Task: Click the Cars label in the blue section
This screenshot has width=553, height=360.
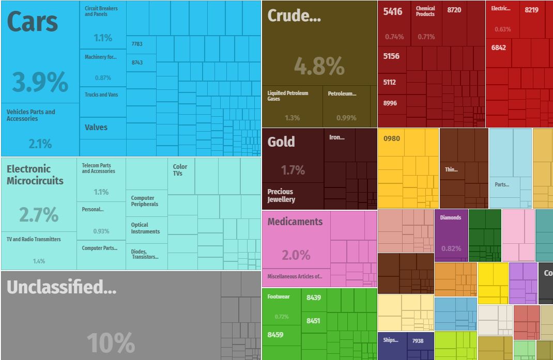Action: [33, 22]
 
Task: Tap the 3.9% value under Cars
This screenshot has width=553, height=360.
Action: [40, 82]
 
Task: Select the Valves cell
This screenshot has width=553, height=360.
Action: [96, 127]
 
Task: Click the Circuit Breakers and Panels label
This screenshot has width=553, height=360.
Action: [101, 11]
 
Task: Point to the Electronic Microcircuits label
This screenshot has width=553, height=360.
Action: [35, 175]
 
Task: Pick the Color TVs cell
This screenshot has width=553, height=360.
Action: [180, 170]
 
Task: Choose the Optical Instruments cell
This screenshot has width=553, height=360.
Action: [146, 228]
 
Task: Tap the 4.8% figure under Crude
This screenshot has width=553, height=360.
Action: [319, 66]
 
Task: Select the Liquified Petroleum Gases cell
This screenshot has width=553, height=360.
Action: [288, 96]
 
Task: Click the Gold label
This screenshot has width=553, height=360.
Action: [281, 142]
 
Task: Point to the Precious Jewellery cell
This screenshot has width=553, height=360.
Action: [281, 195]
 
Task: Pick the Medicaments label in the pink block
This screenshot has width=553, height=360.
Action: [295, 222]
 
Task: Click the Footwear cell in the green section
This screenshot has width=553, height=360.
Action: [279, 297]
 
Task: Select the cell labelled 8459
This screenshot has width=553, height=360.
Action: [275, 335]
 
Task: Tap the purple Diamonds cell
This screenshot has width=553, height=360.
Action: [451, 217]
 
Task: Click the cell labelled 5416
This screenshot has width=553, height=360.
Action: [393, 11]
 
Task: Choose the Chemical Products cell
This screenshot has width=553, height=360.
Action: [426, 11]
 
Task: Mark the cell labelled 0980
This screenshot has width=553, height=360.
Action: [392, 138]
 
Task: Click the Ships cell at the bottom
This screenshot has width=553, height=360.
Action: [391, 340]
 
